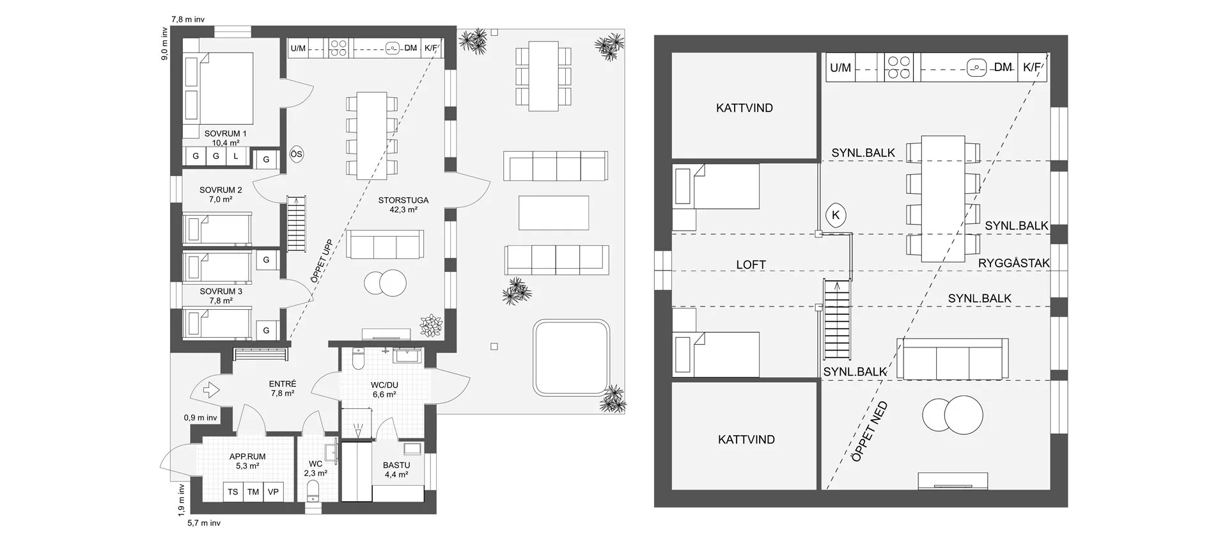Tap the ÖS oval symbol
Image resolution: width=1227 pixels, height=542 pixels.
point(296,154)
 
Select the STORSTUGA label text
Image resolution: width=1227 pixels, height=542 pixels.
point(403,200)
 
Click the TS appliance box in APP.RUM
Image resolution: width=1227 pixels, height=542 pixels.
point(233,491)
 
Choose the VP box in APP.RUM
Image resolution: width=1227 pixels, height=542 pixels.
point(273,491)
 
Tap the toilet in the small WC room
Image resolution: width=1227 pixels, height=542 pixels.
point(313,492)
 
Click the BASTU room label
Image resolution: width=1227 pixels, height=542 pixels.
point(396,465)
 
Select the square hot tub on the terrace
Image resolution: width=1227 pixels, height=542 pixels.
point(571,358)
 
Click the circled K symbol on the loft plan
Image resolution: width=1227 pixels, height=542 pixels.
point(836,216)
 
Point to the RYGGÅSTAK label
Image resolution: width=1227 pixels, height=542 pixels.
point(1014,263)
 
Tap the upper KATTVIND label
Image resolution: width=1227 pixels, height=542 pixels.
point(744,108)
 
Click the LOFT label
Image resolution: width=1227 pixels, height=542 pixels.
point(751,264)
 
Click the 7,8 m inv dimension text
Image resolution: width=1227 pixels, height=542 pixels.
point(188,19)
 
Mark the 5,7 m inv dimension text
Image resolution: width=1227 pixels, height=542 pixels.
point(204,523)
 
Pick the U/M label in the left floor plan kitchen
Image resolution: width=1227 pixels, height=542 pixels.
point(298,48)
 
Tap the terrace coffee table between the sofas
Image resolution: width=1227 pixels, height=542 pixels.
point(554,212)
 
